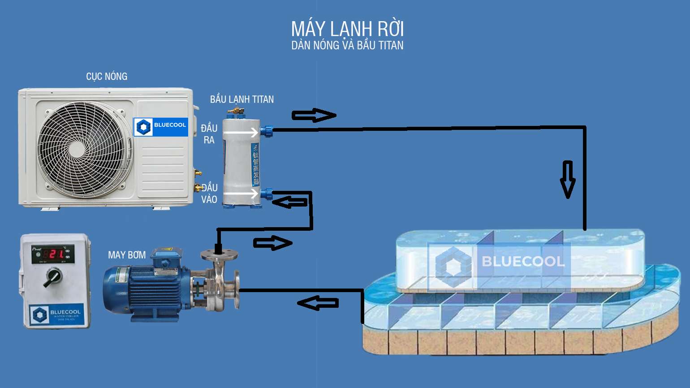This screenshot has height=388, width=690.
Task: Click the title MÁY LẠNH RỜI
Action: pos(347,29)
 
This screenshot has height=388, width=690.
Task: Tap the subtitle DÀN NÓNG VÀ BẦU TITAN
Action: pos(347,45)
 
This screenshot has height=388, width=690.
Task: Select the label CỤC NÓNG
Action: pos(107,77)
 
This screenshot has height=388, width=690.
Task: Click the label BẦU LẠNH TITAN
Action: pos(242,99)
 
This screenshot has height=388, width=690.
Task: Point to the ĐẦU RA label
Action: pos(209,134)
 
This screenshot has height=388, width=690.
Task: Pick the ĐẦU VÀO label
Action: pos(209,194)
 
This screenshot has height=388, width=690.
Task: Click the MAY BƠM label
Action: pos(127,255)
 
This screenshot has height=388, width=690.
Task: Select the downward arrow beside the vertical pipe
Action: pos(568,179)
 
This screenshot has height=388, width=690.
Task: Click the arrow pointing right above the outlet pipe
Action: pos(314,115)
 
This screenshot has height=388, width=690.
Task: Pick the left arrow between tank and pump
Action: pos(318,303)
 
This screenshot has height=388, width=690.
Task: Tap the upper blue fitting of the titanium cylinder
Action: pos(267,131)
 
